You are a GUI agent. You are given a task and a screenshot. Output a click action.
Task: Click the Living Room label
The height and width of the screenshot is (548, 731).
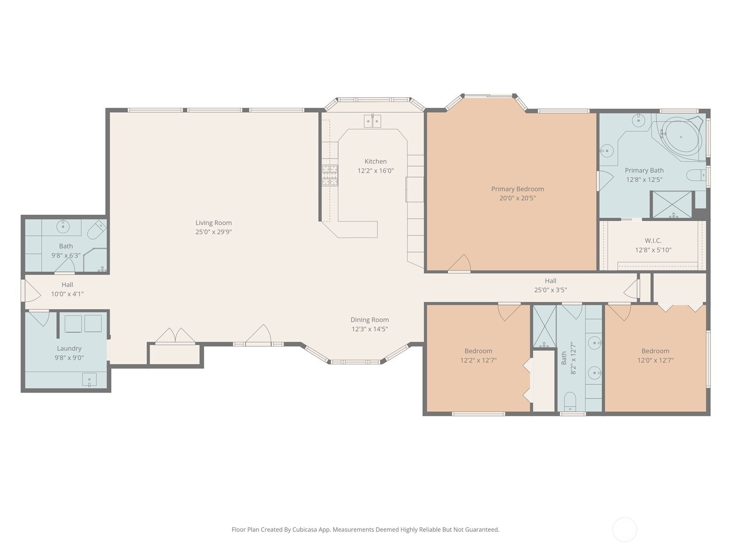(213, 222)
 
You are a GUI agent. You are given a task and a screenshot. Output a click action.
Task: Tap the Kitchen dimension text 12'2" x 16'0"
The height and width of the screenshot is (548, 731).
(376, 171)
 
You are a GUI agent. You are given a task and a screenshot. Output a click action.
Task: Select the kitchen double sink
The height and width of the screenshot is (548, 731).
(372, 121)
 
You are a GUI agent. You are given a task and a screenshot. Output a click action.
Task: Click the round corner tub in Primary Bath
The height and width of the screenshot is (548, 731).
(681, 137)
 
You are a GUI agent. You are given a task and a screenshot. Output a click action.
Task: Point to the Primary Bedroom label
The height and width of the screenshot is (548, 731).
(518, 189)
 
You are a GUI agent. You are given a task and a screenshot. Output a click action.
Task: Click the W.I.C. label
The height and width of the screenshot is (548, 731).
(653, 241)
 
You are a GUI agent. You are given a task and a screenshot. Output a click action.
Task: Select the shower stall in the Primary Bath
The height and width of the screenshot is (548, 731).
(673, 205)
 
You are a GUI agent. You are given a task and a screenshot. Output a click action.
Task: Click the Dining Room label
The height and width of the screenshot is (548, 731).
(370, 320)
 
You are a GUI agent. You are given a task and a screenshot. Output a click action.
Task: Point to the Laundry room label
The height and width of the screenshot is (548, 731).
(69, 349)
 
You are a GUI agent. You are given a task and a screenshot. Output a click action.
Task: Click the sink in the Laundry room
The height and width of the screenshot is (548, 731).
(89, 380)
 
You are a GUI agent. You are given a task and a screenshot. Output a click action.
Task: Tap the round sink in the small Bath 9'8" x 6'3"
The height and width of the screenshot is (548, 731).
(63, 227)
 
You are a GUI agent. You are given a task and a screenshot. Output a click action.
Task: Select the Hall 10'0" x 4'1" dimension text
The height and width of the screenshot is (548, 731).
(67, 294)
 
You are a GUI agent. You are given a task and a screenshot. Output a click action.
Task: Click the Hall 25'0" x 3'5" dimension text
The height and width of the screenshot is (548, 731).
(551, 290)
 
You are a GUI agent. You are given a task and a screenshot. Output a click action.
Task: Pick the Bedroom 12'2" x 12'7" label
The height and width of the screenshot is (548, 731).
(478, 351)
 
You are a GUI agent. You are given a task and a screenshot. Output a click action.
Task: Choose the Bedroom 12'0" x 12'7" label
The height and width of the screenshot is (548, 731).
(656, 351)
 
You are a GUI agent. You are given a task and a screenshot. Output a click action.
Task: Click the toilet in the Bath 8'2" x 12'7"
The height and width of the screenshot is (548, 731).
(570, 401)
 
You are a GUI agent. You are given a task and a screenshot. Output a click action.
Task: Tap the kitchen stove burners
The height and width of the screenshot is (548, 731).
(330, 175)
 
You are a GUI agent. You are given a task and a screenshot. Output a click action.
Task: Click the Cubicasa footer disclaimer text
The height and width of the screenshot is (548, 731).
(365, 529)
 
